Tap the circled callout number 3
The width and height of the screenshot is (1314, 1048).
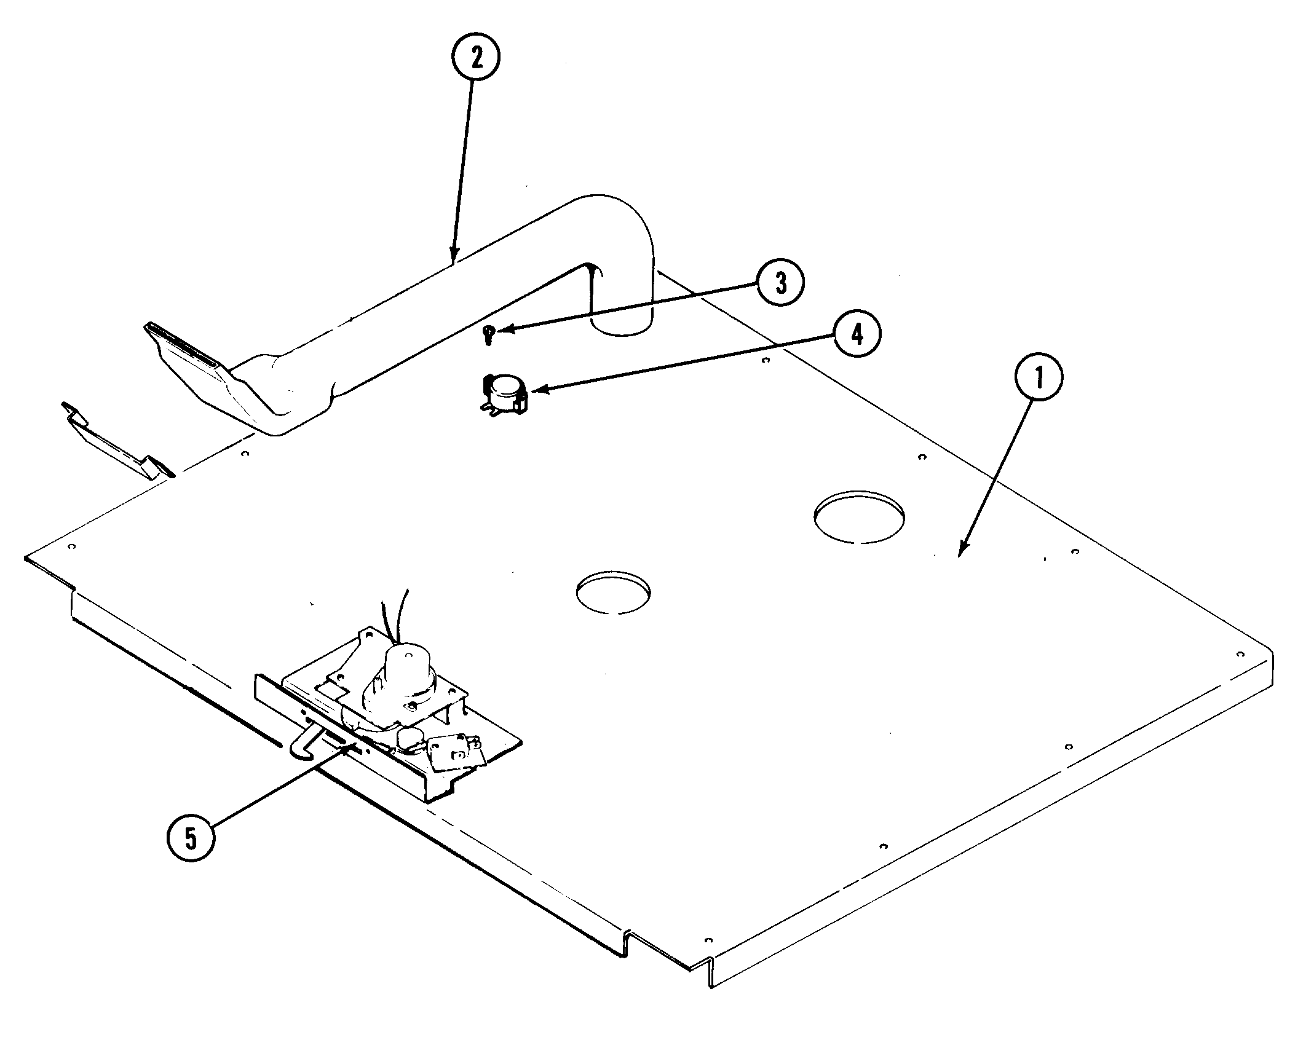pos(780,284)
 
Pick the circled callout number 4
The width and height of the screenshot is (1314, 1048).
pos(857,334)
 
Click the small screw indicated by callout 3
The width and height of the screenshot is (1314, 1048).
pos(488,334)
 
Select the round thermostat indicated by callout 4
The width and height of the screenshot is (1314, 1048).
pos(505,393)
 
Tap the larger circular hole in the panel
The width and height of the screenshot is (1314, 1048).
pos(858,516)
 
